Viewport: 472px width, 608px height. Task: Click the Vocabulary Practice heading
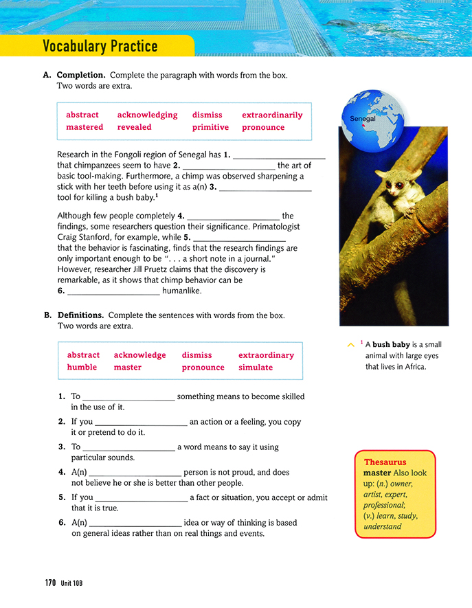coord(100,47)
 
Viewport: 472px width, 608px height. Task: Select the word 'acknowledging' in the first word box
coord(147,115)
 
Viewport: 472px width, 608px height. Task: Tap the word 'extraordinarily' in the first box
coord(272,115)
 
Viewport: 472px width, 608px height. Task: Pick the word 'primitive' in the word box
coord(210,127)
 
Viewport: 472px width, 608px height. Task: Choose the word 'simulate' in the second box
coord(256,368)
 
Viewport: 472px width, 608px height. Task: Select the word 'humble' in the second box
coord(82,368)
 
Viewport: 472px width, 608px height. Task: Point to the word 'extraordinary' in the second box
coord(266,355)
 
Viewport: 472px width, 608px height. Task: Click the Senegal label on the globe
coord(363,119)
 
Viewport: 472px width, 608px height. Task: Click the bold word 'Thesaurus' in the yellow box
coord(385,462)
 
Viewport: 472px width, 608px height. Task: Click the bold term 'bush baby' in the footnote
coord(391,345)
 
